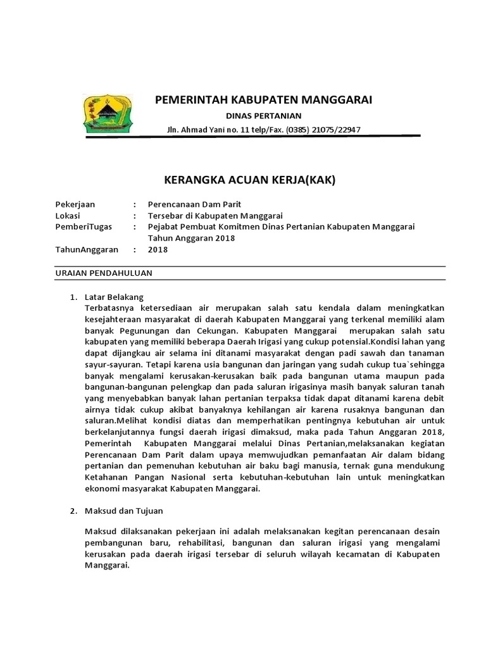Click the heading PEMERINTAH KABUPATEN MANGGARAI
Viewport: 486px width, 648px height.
pos(264,100)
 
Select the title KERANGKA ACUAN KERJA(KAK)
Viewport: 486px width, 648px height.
pos(249,180)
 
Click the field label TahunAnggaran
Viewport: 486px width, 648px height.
pos(87,249)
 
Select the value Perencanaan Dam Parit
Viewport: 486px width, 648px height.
pos(194,204)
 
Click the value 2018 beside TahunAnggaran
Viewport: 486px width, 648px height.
pos(158,249)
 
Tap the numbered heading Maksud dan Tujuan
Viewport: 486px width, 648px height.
pos(123,509)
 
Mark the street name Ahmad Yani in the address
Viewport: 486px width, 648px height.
pos(205,130)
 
